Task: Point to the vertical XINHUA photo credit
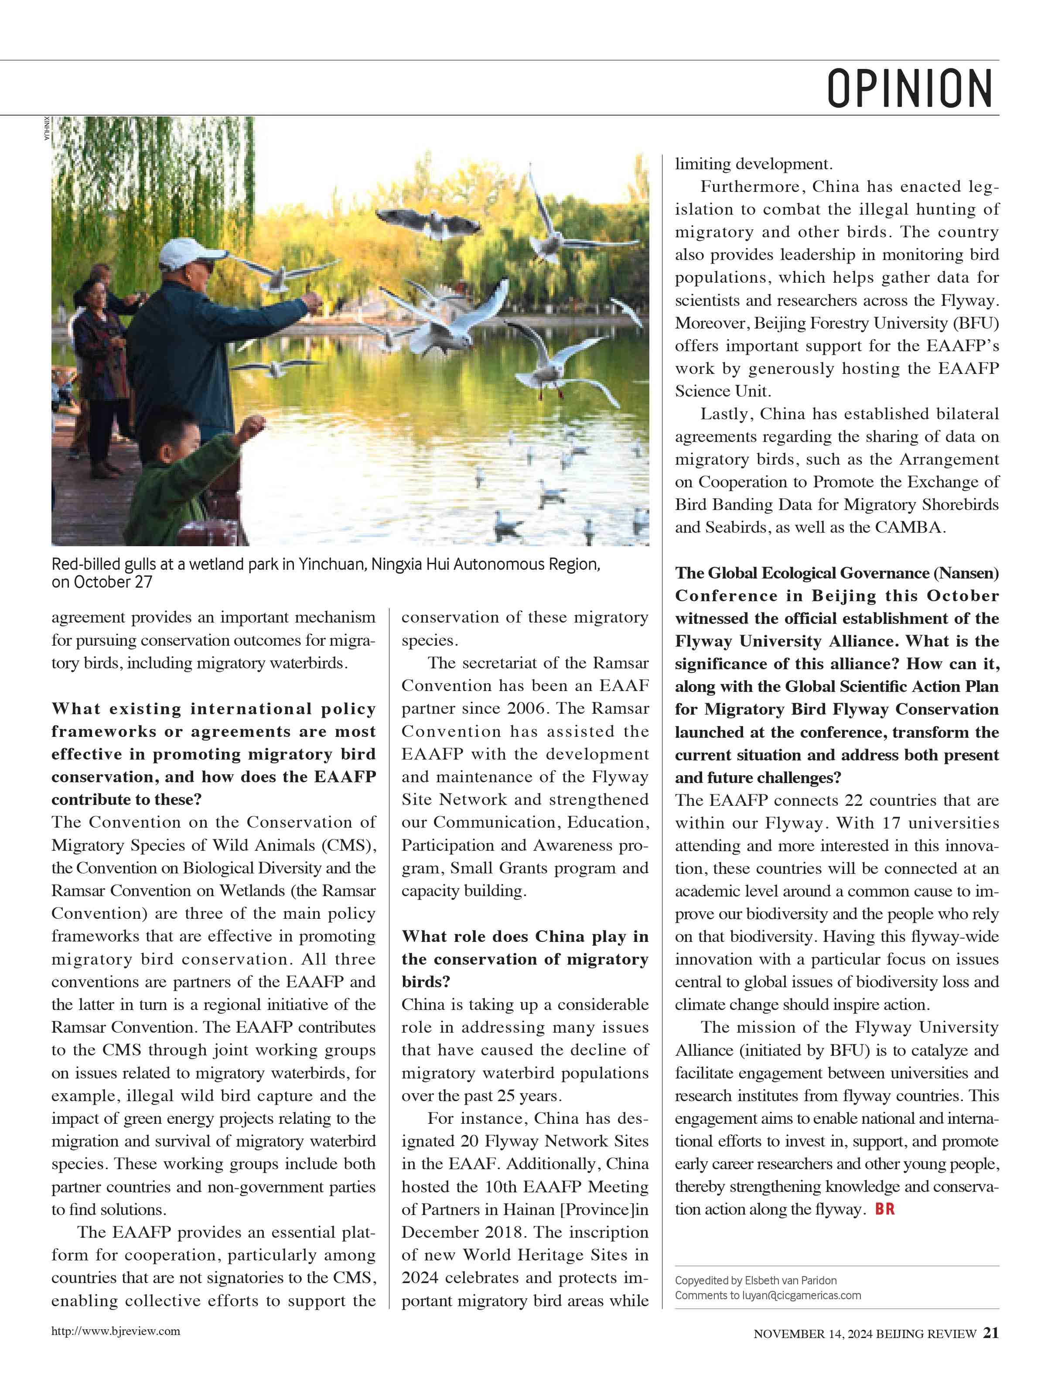pos(47,128)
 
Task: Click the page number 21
pos(990,1333)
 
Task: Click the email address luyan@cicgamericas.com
pos(802,1295)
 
